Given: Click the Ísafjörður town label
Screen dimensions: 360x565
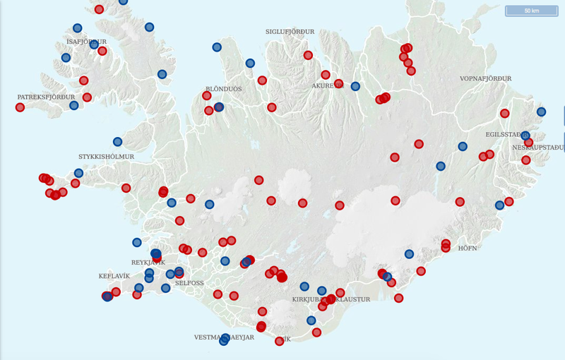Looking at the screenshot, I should click(81, 42).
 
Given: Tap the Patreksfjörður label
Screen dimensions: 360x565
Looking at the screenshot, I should click(46, 97).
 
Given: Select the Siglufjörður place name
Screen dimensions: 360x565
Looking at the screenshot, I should click(290, 32).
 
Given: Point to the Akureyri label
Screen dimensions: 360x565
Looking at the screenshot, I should click(326, 85).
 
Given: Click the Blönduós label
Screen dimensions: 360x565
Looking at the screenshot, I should click(224, 90).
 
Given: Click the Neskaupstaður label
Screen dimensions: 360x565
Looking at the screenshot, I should click(540, 148).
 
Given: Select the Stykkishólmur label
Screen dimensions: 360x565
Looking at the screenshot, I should click(106, 156).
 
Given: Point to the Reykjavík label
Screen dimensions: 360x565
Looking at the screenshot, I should click(148, 263).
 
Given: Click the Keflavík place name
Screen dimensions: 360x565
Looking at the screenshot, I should click(114, 276).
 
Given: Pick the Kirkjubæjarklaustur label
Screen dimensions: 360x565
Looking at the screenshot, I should click(331, 300).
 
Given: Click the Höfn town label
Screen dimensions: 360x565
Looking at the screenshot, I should click(468, 248).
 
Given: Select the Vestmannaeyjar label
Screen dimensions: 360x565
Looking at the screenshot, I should click(224, 337).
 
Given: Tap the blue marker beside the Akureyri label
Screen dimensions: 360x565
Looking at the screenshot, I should click(355, 86).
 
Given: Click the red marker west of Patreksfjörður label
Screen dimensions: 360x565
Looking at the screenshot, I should click(20, 107).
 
